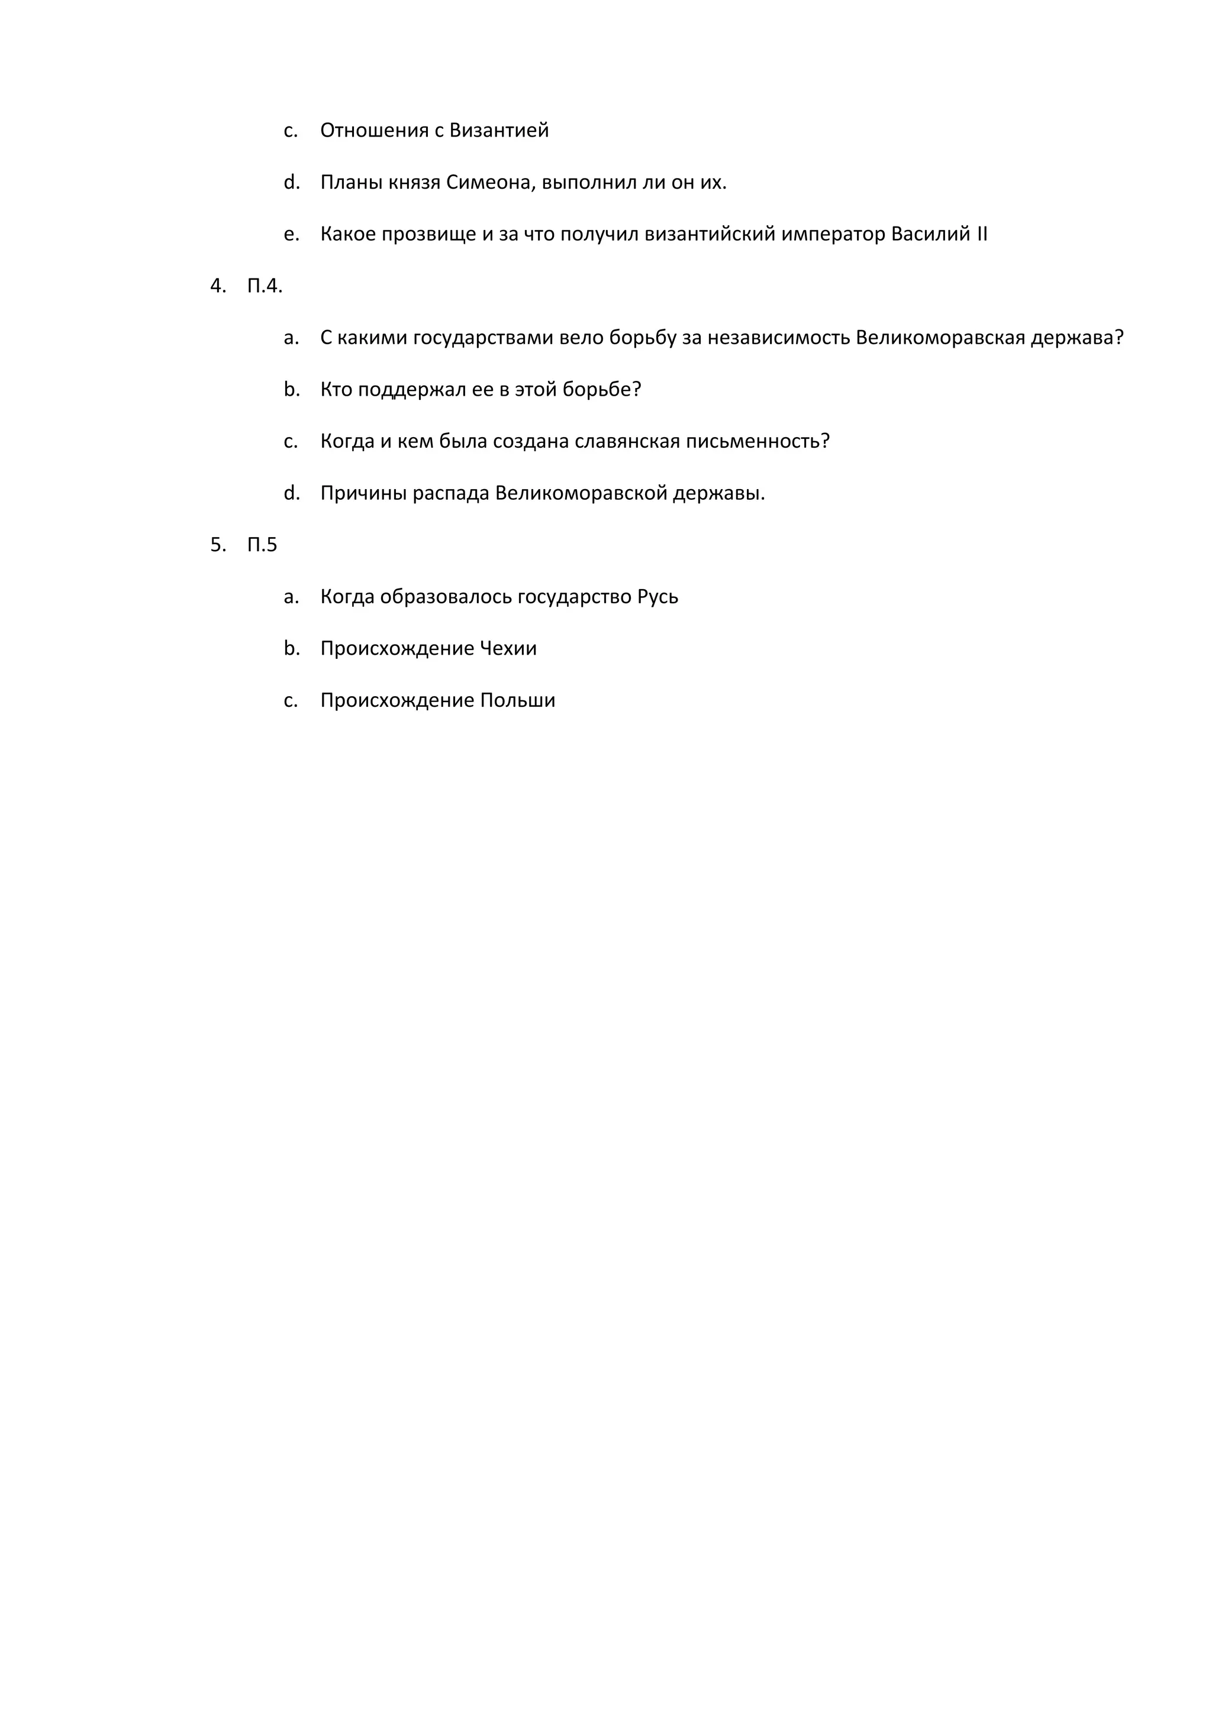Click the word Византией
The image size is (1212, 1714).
click(499, 131)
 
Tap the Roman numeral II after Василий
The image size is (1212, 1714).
click(981, 234)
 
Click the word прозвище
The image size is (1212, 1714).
click(428, 234)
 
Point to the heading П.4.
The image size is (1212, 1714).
click(265, 286)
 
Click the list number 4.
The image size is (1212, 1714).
click(217, 286)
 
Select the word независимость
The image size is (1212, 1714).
click(778, 338)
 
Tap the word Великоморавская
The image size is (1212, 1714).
click(940, 338)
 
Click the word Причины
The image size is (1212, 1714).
click(363, 493)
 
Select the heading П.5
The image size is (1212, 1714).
click(262, 545)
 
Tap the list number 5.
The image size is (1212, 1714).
click(217, 545)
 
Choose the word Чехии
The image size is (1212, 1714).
click(508, 649)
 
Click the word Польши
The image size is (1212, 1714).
click(517, 701)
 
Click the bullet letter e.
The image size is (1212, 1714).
click(291, 234)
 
